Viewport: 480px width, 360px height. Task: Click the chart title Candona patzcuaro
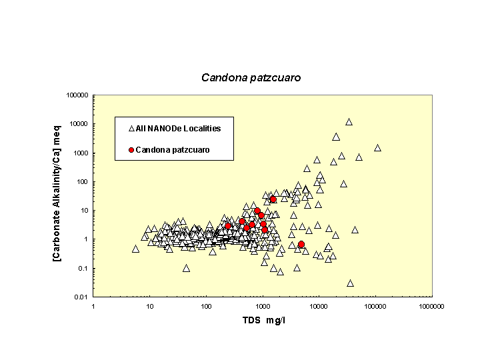pos(251,78)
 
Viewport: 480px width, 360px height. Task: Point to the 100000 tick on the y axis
pos(78,95)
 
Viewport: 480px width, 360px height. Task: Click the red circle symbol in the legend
pos(131,150)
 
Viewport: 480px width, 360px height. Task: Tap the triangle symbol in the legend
pos(131,128)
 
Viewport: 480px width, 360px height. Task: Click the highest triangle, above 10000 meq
pos(349,122)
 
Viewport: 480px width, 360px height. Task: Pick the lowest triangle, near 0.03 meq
pos(350,283)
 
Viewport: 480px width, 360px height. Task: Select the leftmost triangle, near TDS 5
pos(135,249)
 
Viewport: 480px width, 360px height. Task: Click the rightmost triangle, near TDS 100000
pos(377,148)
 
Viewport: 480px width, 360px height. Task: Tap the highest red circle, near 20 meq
pos(273,199)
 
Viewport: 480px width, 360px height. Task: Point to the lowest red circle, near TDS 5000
pos(301,244)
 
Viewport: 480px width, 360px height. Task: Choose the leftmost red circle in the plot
pos(228,226)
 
